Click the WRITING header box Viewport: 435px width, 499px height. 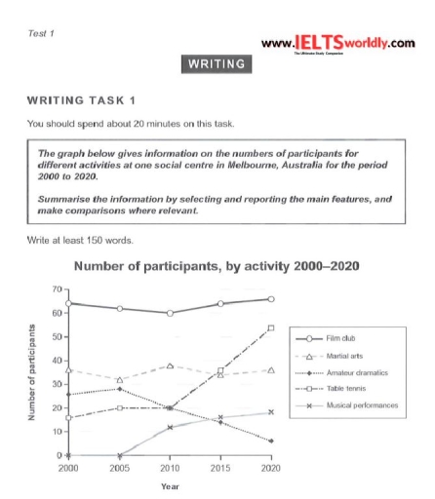click(217, 65)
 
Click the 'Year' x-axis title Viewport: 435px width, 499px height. click(169, 485)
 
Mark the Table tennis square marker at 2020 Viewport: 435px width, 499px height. click(270, 328)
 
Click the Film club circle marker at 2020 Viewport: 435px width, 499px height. click(270, 299)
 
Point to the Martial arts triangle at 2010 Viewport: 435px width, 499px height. click(169, 365)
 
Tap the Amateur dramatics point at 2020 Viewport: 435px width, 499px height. click(270, 441)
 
